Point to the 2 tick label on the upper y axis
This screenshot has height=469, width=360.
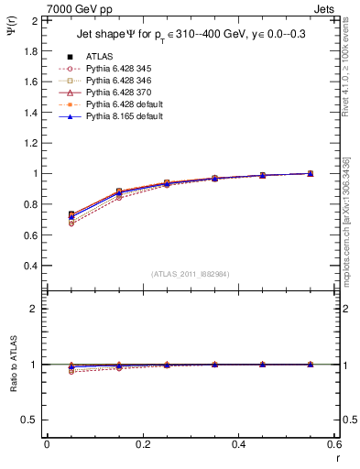coord(35,20)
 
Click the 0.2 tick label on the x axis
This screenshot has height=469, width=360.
coord(143,444)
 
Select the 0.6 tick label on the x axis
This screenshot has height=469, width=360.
coord(335,444)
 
